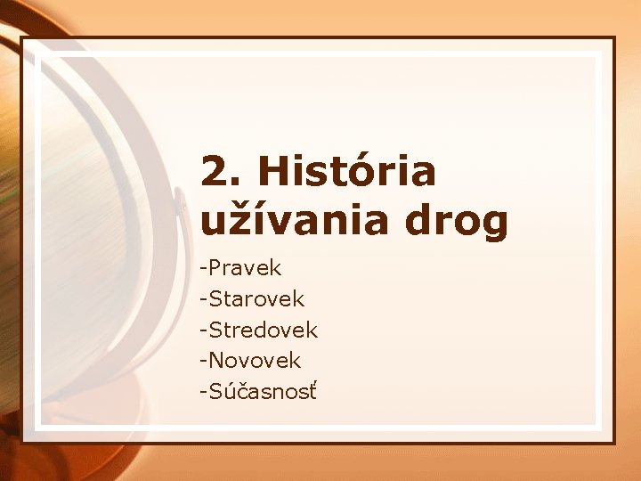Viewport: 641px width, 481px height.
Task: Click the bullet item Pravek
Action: (x=245, y=267)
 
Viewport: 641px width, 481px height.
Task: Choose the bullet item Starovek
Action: (x=256, y=298)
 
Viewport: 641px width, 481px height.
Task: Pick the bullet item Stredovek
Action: (x=263, y=330)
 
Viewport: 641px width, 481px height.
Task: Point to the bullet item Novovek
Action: (x=255, y=361)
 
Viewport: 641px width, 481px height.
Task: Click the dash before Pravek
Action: (x=204, y=268)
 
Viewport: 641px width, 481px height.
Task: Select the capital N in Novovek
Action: (x=215, y=361)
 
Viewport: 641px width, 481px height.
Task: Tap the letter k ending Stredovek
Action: (x=312, y=330)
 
